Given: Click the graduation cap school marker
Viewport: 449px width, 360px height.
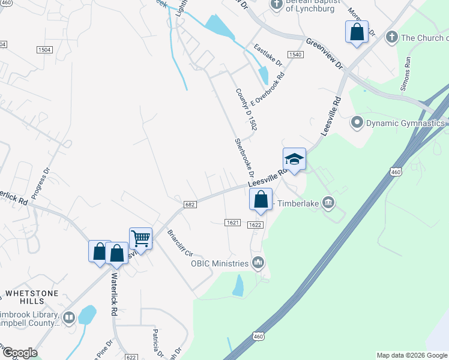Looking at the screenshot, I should (x=294, y=160).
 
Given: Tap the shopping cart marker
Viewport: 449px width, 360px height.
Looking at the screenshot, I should (x=140, y=238).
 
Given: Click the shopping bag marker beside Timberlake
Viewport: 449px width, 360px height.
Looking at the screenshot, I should (x=261, y=200).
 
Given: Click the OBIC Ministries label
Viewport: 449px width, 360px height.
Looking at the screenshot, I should (x=219, y=263).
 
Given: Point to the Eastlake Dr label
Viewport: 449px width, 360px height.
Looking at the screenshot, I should (x=267, y=55).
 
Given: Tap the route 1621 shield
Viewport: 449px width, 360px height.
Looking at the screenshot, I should (x=233, y=223).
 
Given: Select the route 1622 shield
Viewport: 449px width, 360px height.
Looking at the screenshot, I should (x=255, y=225).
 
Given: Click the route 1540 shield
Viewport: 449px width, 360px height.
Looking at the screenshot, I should (x=295, y=55).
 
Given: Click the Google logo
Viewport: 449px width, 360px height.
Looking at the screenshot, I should (x=19, y=353).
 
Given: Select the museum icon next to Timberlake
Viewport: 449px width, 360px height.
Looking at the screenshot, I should (x=328, y=202).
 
